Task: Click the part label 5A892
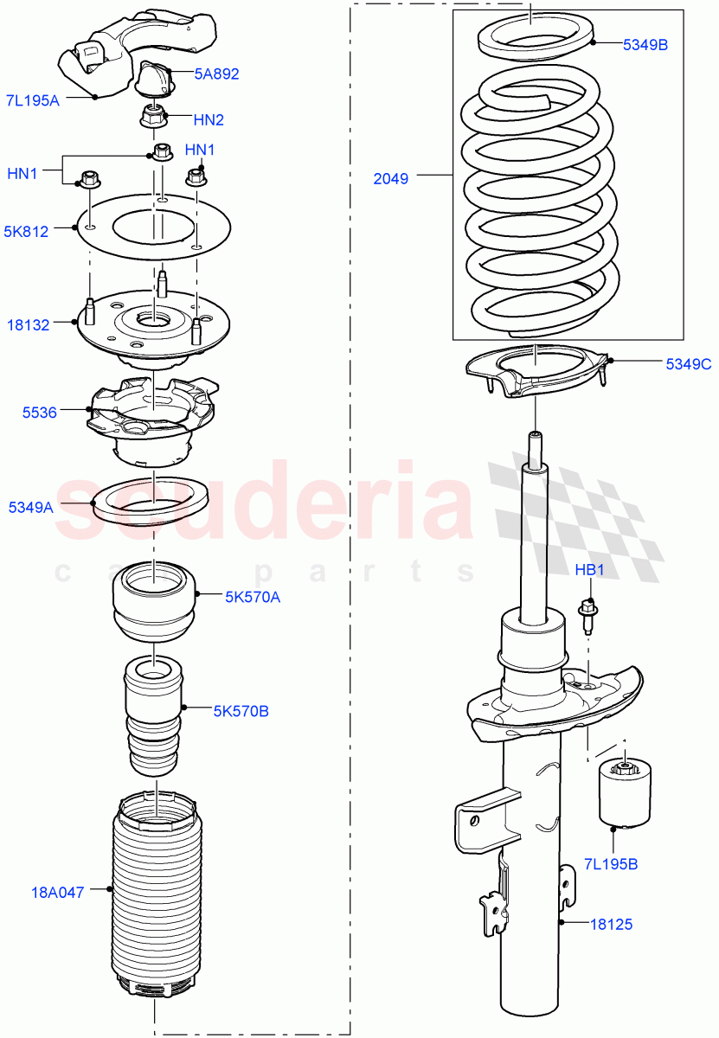tap(216, 74)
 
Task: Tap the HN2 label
tap(209, 119)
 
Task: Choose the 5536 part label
tap(40, 413)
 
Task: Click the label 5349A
tap(31, 508)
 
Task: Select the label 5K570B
tap(241, 711)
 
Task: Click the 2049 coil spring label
tap(391, 179)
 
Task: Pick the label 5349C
tap(689, 364)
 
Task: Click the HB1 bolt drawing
tap(587, 614)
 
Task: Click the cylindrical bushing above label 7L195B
tap(624, 791)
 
